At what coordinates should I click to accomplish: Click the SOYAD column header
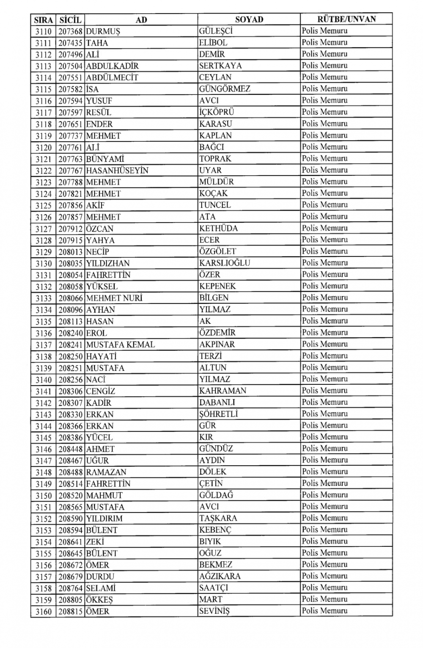click(x=249, y=19)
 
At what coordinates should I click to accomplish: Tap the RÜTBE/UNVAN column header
click(x=346, y=19)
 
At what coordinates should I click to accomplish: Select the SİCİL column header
click(x=70, y=19)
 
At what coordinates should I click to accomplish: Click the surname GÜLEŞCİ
click(x=216, y=31)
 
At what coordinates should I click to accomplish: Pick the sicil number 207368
click(x=70, y=31)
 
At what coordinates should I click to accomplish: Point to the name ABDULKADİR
click(x=112, y=66)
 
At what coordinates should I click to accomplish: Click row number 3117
click(x=44, y=113)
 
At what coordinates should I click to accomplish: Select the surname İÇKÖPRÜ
click(x=217, y=112)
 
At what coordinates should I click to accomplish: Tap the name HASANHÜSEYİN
click(x=117, y=171)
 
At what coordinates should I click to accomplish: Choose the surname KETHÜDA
click(x=218, y=229)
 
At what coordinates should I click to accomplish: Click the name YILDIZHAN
click(x=108, y=263)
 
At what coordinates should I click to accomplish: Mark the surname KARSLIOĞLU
click(x=225, y=263)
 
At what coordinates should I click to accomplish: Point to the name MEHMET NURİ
click(x=114, y=298)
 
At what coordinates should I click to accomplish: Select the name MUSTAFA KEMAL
click(x=121, y=345)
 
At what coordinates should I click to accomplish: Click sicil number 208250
click(x=70, y=356)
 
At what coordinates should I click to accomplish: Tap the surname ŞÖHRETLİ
click(x=219, y=414)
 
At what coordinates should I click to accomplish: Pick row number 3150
click(x=44, y=496)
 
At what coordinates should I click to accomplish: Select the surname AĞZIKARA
click(x=220, y=576)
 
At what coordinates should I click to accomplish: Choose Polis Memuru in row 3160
click(x=324, y=611)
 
